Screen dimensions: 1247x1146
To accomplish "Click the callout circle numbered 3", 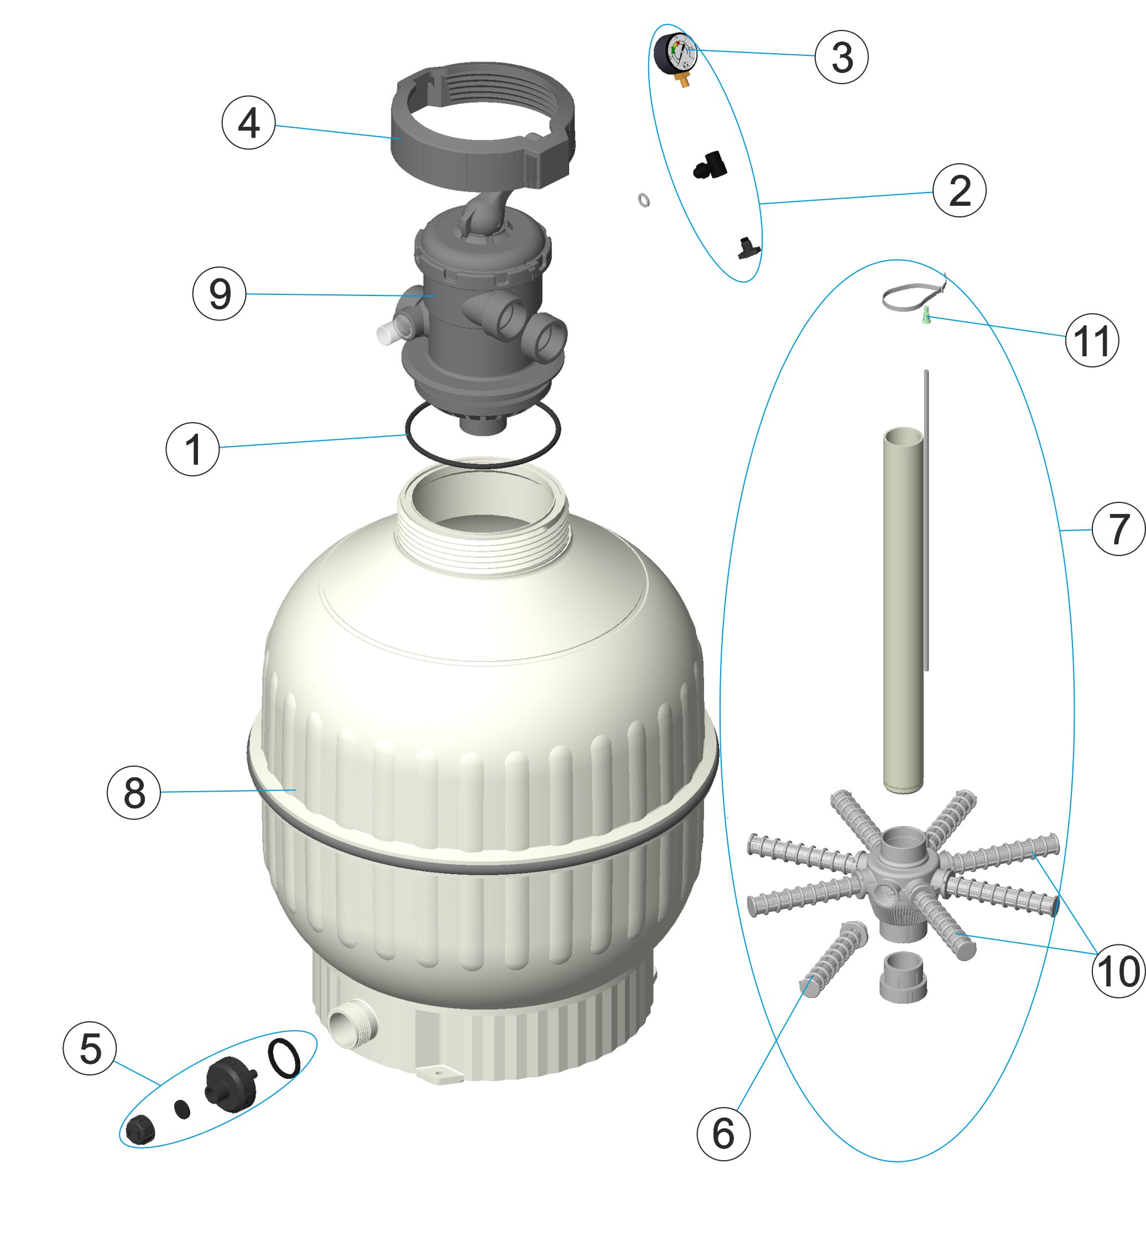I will (x=841, y=56).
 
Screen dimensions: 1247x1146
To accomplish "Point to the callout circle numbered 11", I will (x=1091, y=340).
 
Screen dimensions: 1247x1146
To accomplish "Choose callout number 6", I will (x=723, y=1134).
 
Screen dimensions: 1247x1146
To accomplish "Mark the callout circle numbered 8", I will (x=134, y=792).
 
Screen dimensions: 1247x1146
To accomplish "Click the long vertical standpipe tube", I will (x=903, y=608).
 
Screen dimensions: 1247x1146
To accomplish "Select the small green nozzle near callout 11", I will (x=926, y=316).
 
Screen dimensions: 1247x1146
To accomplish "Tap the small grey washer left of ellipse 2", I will (x=644, y=200).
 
